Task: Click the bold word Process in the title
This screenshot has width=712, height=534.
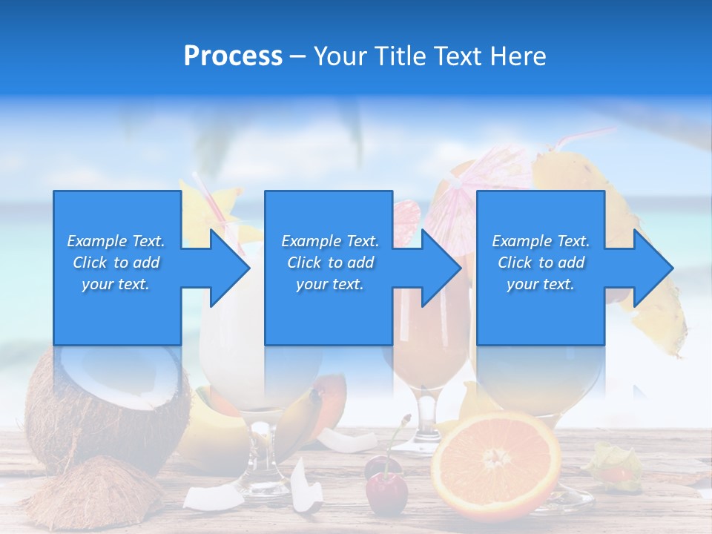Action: click(x=233, y=56)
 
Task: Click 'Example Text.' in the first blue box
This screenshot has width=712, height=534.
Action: click(x=116, y=241)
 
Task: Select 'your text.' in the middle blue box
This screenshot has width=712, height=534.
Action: click(x=329, y=284)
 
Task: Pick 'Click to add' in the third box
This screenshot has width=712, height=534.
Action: click(x=541, y=263)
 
